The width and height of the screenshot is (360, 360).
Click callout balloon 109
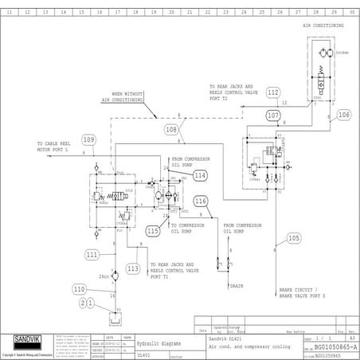point(88,140)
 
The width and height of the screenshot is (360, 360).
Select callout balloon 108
point(171,128)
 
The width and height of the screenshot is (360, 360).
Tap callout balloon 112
point(273,93)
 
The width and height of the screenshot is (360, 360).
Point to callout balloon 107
point(273,115)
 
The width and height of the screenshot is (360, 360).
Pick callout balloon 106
point(343,115)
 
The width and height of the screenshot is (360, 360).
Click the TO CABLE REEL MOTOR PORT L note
point(57,147)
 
